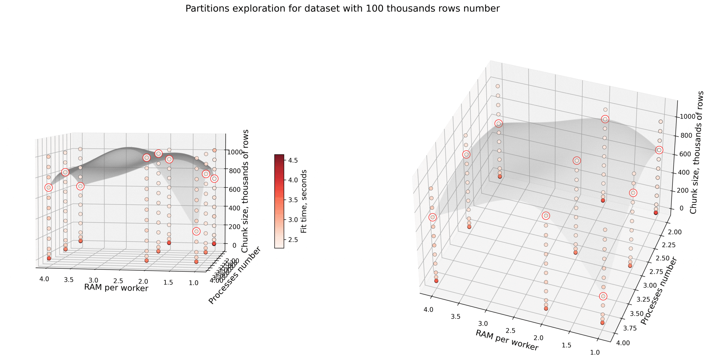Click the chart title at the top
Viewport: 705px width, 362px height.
(x=342, y=9)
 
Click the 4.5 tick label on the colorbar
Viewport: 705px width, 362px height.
(x=293, y=160)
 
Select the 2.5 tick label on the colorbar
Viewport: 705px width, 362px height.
(x=293, y=240)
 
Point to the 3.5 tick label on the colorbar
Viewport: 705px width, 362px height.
(x=293, y=200)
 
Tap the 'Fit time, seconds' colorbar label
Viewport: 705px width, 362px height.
(x=304, y=201)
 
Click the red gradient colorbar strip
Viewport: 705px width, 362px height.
(x=279, y=201)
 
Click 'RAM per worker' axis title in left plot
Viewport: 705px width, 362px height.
(x=116, y=288)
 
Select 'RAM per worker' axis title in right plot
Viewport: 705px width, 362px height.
(x=507, y=340)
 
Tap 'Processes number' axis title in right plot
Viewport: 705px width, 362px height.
(x=658, y=291)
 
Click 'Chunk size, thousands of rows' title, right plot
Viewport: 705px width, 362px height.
(x=696, y=152)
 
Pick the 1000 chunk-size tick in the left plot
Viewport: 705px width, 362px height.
(x=235, y=152)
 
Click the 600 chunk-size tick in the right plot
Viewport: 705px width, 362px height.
(x=685, y=154)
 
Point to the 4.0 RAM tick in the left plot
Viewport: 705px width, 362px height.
(x=44, y=279)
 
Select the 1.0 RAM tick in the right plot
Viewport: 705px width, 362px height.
(x=595, y=352)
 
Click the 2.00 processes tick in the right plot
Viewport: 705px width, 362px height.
(x=675, y=232)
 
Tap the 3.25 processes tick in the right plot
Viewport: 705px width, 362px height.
(x=643, y=299)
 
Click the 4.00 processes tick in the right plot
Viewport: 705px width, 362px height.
(x=623, y=343)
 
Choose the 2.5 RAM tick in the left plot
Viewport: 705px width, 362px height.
(x=118, y=281)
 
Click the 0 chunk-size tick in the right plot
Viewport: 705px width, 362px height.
(x=681, y=208)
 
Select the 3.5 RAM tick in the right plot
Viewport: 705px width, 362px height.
(x=455, y=317)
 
